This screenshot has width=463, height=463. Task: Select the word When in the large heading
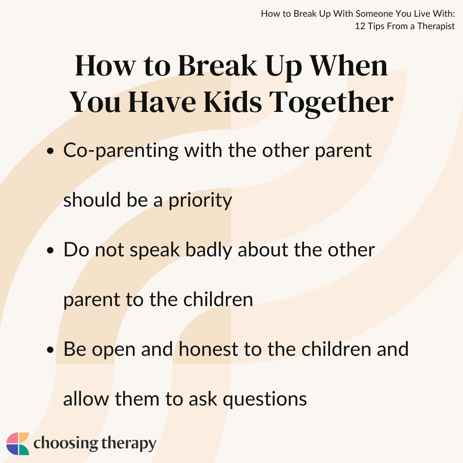349,66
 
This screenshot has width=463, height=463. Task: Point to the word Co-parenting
121,151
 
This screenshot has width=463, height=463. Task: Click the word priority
200,201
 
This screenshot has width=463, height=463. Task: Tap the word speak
155,250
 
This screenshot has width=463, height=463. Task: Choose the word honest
208,349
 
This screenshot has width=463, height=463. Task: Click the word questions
265,400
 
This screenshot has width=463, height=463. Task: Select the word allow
86,399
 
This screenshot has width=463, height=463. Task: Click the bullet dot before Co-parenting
51,151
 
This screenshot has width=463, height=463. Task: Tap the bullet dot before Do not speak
51,250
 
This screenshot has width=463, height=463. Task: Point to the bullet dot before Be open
51,350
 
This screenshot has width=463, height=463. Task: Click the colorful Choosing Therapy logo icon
18,444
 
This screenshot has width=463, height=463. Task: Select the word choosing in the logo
66,444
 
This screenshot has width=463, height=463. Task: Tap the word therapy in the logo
129,444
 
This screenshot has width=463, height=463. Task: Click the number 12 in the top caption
360,26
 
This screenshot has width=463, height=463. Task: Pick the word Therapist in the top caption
436,26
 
